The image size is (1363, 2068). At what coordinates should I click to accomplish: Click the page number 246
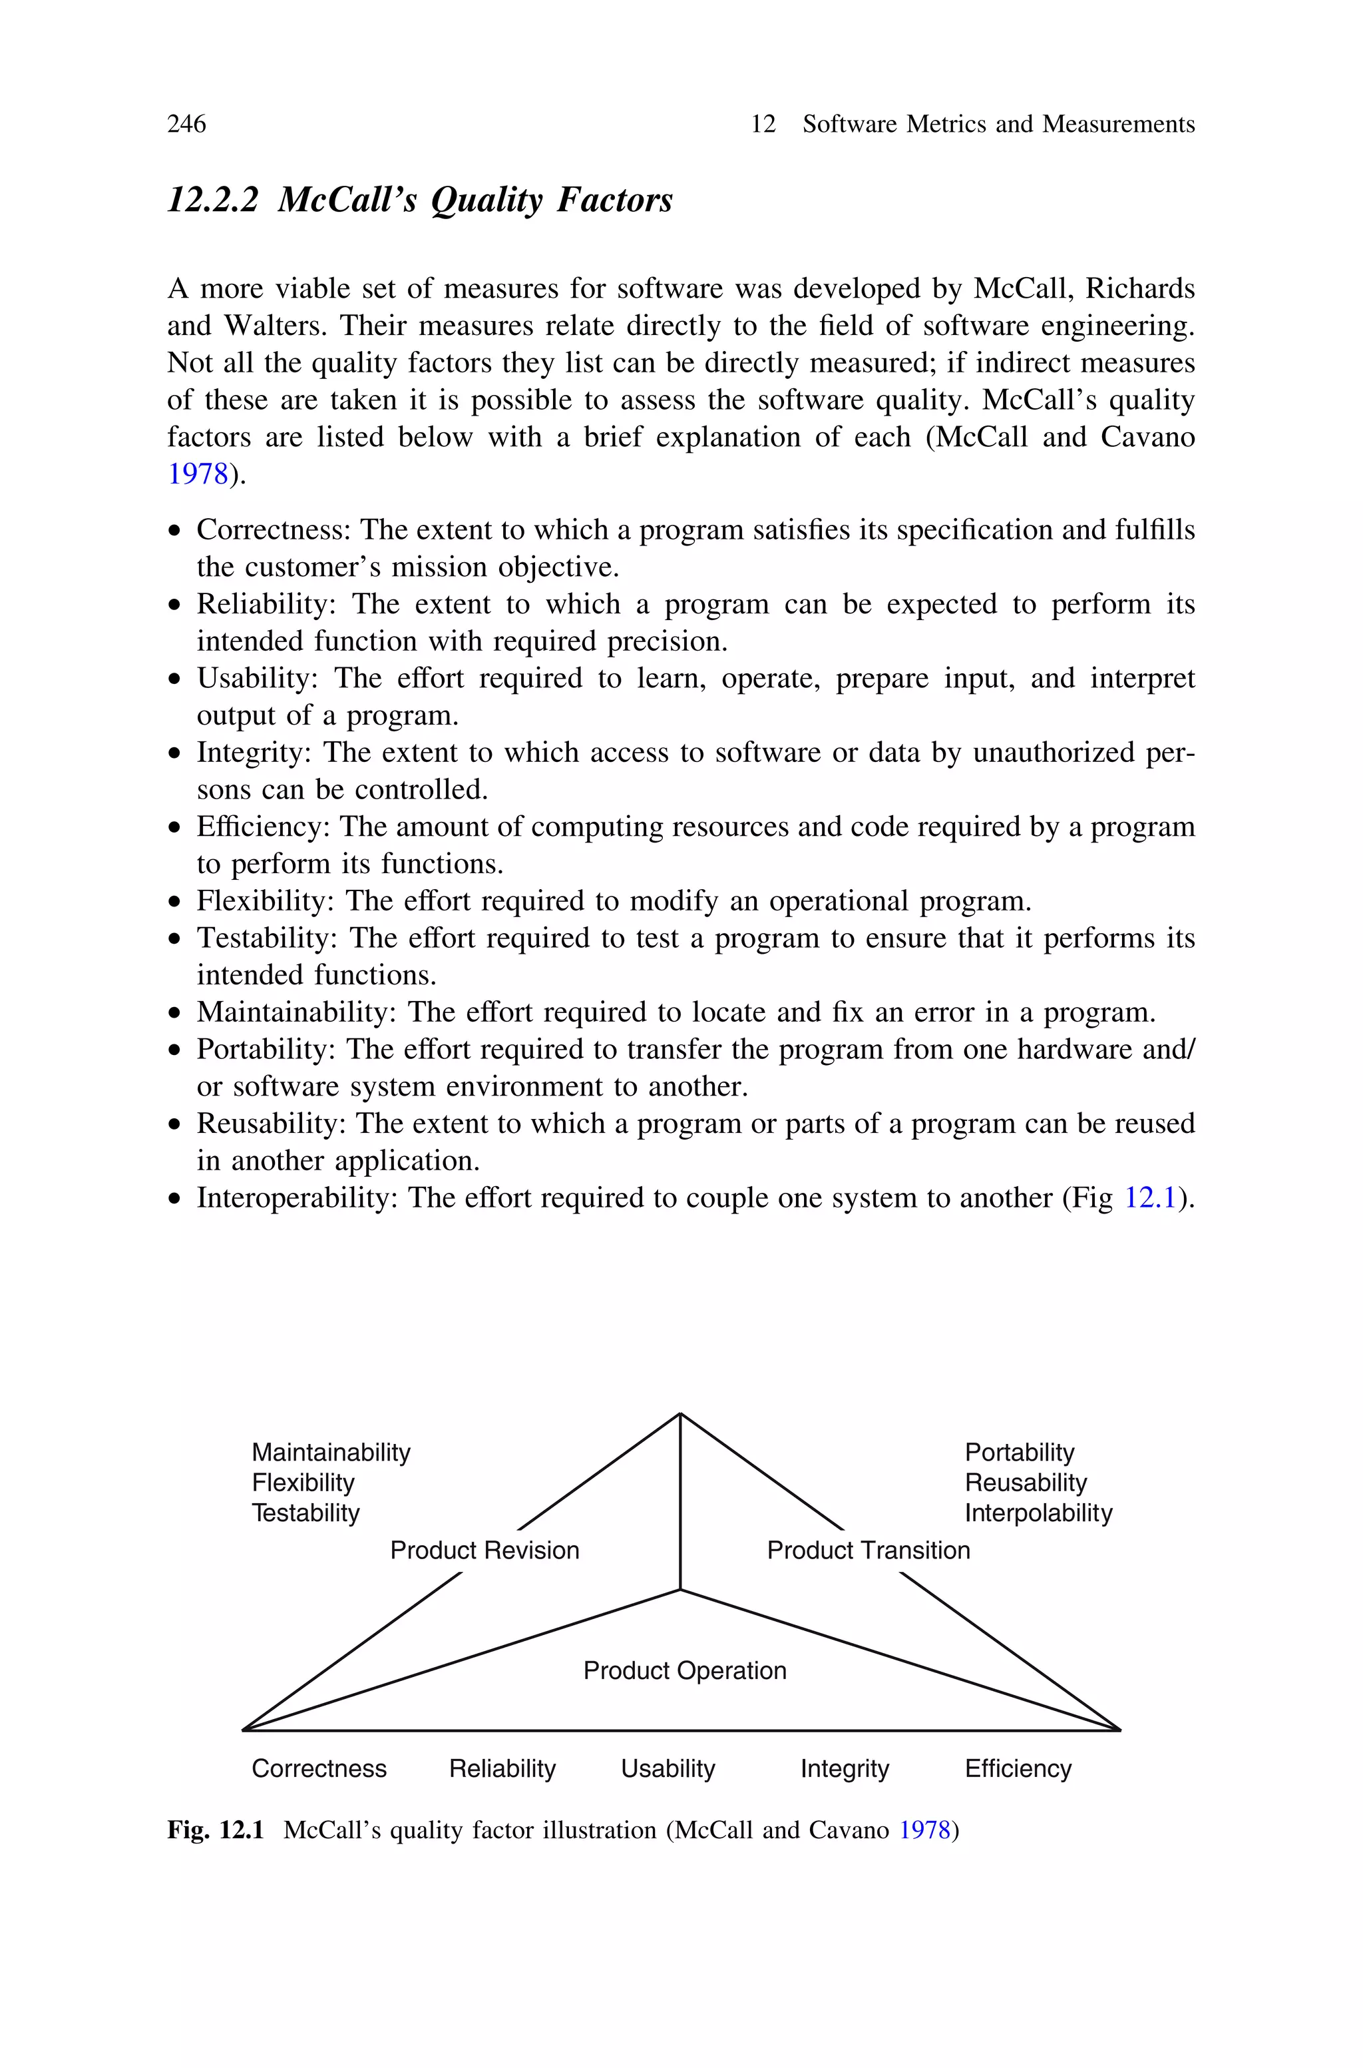pos(186,125)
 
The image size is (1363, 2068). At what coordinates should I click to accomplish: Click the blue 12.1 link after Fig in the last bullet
pos(1150,1198)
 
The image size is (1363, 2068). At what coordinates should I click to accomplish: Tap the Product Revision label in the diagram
pos(485,1551)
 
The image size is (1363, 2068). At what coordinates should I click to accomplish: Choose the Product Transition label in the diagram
pos(868,1551)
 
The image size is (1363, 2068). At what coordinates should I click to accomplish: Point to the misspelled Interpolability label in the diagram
pos(1038,1513)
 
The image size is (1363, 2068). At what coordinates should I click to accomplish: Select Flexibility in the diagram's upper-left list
pos(303,1483)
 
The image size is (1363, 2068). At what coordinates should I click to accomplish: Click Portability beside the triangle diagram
pos(1019,1453)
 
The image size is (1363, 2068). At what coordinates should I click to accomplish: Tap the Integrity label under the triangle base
pos(844,1769)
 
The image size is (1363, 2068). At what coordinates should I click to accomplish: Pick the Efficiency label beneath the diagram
pos(1017,1769)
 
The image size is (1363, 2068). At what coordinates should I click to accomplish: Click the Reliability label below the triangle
pos(502,1769)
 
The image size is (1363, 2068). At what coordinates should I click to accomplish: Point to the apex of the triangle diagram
pos(680,1414)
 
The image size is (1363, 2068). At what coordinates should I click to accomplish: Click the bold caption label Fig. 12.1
pos(215,1831)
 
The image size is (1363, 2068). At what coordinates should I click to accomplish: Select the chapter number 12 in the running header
pos(762,125)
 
